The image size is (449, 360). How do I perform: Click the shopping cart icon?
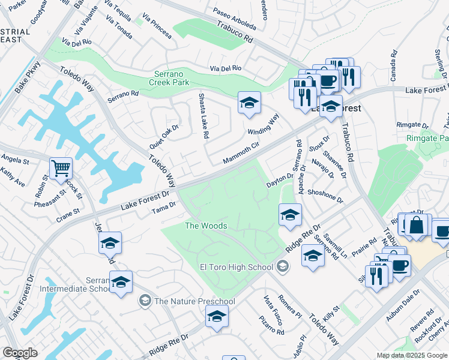(61, 169)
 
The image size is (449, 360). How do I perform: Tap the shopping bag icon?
(415, 226)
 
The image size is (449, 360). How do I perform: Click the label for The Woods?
(205, 226)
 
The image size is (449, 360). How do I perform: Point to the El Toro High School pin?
(283, 267)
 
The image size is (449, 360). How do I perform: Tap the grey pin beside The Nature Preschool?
(144, 300)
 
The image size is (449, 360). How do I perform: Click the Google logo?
(20, 353)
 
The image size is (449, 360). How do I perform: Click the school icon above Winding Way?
(249, 103)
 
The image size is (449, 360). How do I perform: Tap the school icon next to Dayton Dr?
(289, 215)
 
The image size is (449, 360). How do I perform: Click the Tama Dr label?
(163, 207)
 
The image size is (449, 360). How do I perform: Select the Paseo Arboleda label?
(235, 20)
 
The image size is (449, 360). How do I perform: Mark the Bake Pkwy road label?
(28, 77)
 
